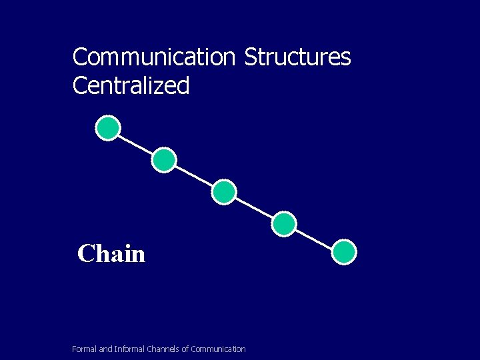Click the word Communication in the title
click(153, 57)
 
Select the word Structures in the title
click(297, 57)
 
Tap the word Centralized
click(131, 86)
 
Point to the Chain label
click(111, 254)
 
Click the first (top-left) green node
click(108, 128)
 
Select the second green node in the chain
click(164, 160)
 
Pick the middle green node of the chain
click(224, 192)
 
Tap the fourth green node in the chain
click(284, 224)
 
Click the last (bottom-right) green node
click(344, 253)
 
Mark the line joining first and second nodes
click(136, 144)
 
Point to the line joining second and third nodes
click(194, 176)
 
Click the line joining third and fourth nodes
click(254, 208)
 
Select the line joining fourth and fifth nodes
click(314, 239)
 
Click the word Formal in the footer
click(84, 349)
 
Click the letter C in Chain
click(85, 254)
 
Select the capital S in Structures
click(250, 57)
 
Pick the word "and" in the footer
click(105, 349)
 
